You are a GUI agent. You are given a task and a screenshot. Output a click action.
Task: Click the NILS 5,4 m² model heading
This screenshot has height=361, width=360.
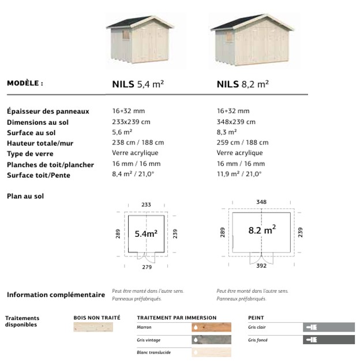click(138, 84)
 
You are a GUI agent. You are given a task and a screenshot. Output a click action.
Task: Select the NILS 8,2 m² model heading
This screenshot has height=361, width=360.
click(242, 84)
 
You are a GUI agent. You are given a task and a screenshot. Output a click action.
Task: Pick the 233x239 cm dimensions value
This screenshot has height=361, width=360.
click(131, 122)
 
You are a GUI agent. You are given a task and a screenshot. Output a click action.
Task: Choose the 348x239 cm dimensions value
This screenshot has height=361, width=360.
click(236, 122)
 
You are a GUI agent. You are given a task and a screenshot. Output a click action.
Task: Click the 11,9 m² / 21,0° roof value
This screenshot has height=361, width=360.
click(239, 174)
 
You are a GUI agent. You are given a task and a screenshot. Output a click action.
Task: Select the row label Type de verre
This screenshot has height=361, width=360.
click(30, 154)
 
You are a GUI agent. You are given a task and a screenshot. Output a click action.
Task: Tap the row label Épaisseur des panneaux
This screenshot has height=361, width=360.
click(48, 111)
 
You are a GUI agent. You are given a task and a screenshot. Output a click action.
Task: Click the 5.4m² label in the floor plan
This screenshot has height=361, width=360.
click(146, 234)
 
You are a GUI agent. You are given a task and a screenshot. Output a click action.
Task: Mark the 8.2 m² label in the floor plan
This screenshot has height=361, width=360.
click(262, 230)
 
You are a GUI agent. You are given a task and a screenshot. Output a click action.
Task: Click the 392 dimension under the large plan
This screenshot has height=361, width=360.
click(261, 267)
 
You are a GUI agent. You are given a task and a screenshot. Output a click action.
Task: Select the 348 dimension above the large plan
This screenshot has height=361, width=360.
click(261, 202)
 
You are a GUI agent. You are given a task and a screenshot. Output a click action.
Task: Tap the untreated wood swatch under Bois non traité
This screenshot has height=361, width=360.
click(97, 327)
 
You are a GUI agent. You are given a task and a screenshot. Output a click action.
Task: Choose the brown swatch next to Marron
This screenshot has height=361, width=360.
click(211, 327)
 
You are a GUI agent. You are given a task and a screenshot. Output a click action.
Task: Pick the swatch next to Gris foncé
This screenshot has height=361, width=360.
click(329, 340)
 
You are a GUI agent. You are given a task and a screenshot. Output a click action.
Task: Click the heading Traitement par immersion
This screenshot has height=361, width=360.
click(177, 318)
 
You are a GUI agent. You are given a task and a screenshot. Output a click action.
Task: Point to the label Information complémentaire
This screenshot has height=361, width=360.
click(56, 295)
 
